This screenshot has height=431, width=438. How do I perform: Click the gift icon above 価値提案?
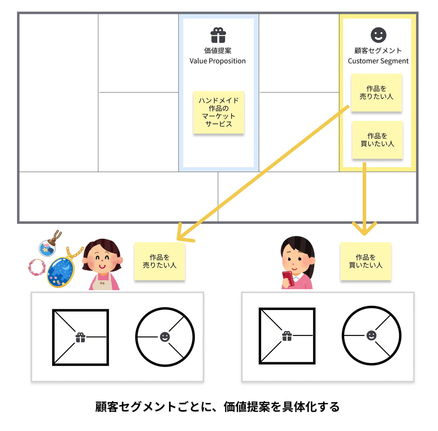218,35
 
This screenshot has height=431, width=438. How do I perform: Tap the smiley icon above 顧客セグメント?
378,35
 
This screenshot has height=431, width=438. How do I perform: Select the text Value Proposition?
218,61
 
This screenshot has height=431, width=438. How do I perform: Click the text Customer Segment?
378,61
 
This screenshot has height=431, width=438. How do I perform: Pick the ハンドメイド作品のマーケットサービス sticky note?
218,112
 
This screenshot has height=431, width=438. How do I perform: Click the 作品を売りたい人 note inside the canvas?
376,93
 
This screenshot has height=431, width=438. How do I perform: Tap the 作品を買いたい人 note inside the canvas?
377,140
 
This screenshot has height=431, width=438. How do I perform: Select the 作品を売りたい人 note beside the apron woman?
160,261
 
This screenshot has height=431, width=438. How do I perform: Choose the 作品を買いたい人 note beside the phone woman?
365,261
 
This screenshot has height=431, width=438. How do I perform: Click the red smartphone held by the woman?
288,278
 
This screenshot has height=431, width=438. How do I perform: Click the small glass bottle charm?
47,248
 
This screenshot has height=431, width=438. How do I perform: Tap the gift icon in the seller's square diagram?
80,337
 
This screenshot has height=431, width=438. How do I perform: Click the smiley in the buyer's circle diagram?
371,335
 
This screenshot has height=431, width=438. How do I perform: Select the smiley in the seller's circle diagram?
165,337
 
